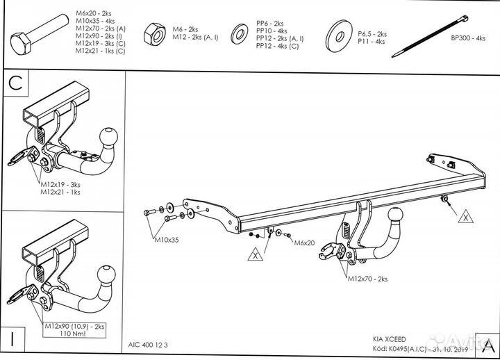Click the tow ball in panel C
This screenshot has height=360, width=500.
tap(109, 136)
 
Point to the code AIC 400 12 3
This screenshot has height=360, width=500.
tap(149, 343)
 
